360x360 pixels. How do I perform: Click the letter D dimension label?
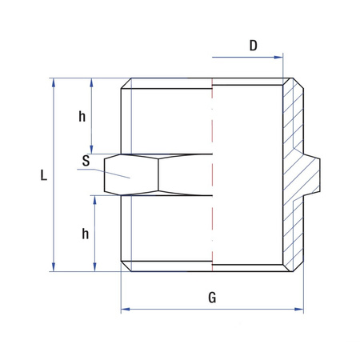tap(253, 46)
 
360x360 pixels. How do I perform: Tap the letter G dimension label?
tap(212, 298)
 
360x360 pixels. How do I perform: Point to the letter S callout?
tap(86, 161)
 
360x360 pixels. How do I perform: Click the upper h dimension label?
tap(82, 117)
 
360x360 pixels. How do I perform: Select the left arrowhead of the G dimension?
tap(125, 310)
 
